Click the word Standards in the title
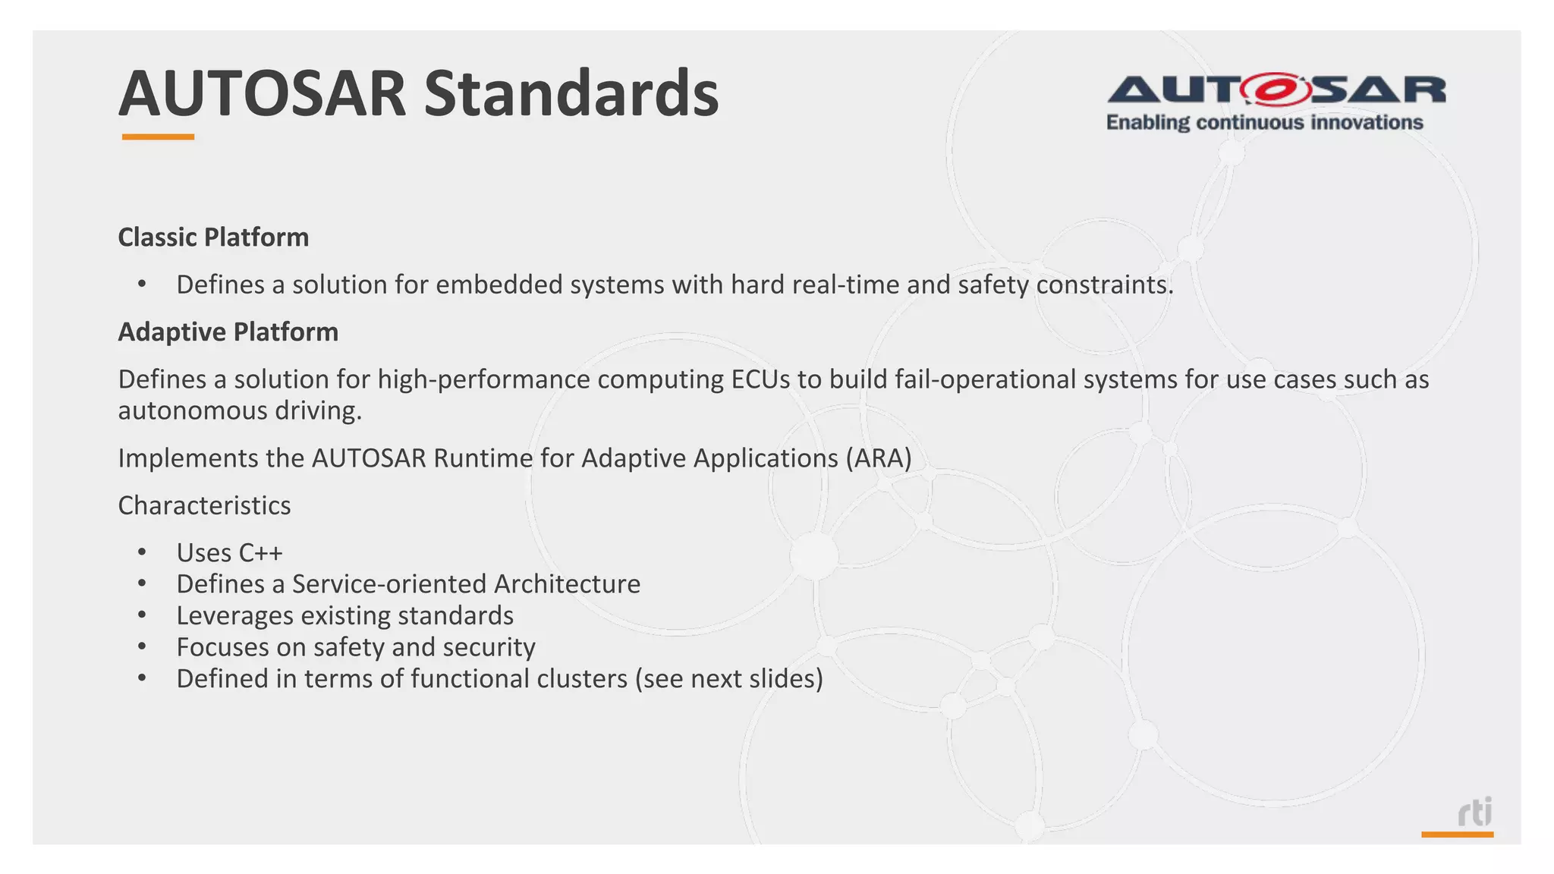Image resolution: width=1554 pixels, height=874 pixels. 571,94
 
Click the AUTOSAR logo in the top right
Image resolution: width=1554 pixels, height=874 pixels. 1276,90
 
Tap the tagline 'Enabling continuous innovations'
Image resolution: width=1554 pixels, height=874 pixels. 1264,123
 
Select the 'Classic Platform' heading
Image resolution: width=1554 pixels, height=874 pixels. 213,237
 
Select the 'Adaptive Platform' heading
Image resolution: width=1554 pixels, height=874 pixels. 228,332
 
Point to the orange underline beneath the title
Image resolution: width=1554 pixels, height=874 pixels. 158,137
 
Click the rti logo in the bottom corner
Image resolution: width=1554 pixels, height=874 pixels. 1474,813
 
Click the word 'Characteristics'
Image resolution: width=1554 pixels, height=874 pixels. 204,505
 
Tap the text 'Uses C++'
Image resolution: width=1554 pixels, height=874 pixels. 229,553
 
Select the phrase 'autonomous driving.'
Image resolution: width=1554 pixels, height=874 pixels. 240,410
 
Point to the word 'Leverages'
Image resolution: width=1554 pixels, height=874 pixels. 234,615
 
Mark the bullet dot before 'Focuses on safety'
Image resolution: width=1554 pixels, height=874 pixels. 142,647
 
